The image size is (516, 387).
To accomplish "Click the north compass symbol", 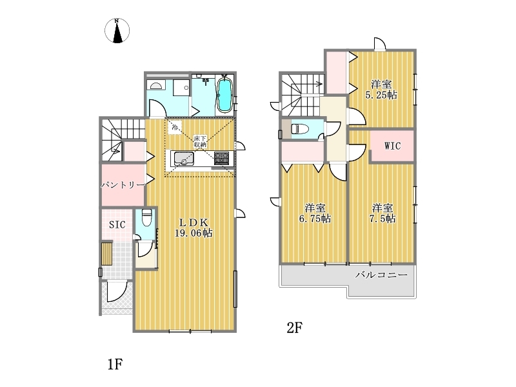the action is click(117, 30).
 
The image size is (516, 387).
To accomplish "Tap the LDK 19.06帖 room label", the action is click(193, 228).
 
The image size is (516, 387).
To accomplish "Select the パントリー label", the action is click(123, 184).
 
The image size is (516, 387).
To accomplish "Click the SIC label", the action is click(117, 224).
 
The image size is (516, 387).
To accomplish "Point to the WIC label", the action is click(393, 146).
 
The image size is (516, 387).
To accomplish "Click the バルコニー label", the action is click(381, 275).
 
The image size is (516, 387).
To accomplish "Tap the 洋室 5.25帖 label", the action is click(381, 90).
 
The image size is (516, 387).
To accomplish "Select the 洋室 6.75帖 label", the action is click(315, 213).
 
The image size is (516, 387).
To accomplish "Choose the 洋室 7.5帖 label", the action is click(382, 213).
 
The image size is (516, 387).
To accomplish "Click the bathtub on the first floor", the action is click(225, 95).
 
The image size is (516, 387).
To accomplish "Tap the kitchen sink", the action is click(183, 158).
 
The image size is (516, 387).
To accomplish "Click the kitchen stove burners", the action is click(221, 158).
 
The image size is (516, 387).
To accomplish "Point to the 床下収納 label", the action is click(200, 141).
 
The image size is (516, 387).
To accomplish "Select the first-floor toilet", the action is click(146, 218).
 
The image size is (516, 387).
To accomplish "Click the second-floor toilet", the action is click(300, 128).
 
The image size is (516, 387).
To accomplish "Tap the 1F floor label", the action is click(115, 364).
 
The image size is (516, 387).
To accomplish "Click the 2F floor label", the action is click(295, 328).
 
